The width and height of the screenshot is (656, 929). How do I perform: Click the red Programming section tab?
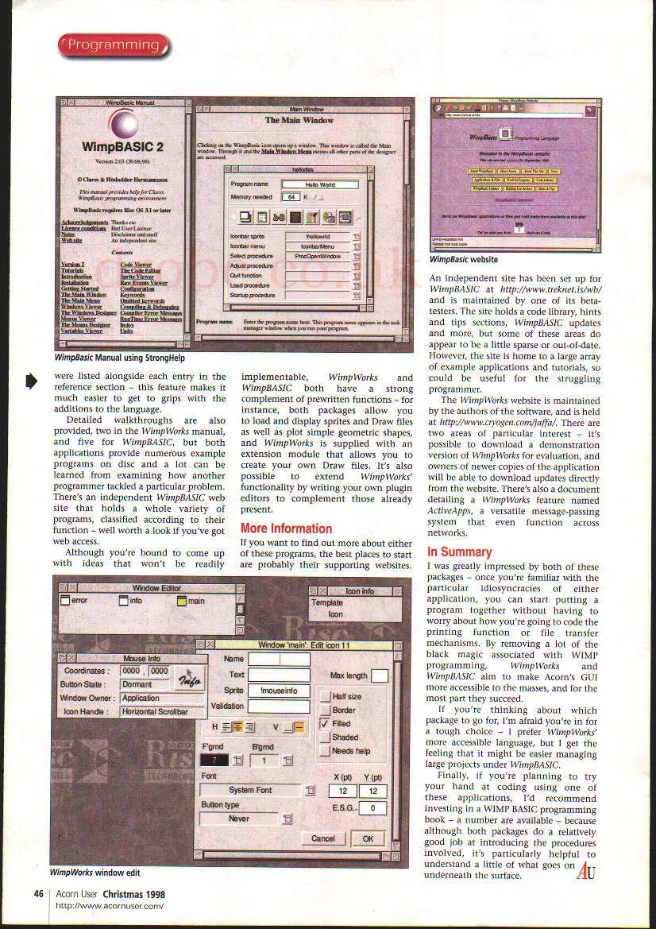(113, 45)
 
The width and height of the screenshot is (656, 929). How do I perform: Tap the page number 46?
(38, 893)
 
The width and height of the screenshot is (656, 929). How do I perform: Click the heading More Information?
(286, 528)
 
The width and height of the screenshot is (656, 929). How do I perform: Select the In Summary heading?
(460, 552)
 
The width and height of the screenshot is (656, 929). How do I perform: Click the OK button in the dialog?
(368, 838)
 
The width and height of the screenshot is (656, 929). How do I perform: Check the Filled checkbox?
(325, 724)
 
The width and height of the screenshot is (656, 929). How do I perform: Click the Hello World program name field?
(319, 184)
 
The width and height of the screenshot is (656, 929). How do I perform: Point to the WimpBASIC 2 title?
(122, 147)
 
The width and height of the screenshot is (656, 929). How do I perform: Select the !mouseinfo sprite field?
(279, 691)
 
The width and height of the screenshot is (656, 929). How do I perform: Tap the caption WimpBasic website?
(464, 259)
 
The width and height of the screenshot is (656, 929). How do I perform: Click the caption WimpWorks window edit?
(95, 872)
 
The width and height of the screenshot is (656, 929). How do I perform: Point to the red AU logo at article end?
(586, 870)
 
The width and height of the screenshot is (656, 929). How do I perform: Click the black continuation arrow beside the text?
(32, 382)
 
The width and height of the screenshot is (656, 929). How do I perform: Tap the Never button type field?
(239, 818)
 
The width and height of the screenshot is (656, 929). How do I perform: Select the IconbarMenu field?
(318, 246)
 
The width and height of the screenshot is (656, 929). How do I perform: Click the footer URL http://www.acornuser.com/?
(110, 905)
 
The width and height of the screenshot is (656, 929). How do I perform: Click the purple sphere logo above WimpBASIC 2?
(123, 124)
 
